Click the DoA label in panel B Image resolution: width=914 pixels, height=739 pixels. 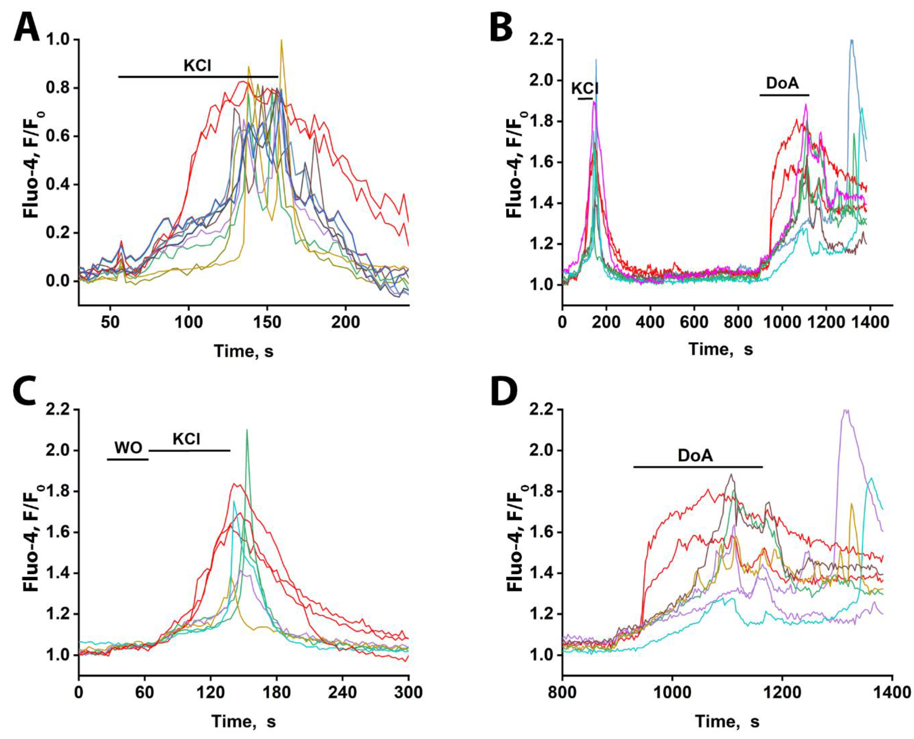(x=782, y=83)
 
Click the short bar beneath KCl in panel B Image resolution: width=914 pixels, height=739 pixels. (x=585, y=99)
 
